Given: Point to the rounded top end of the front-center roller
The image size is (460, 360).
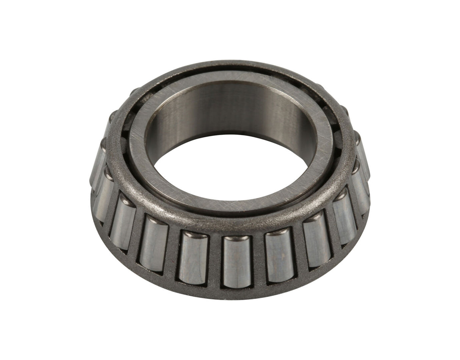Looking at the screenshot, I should pos(237,238).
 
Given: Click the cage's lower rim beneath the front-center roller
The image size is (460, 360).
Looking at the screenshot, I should pos(237,293).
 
